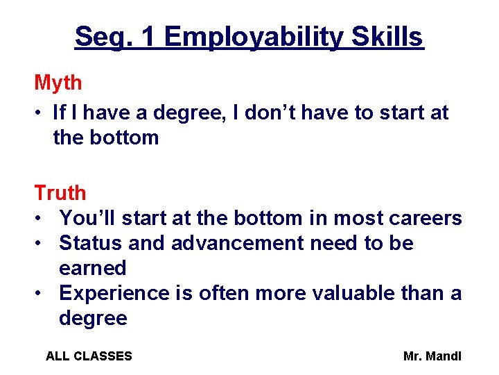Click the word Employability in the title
(254, 37)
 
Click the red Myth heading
(58, 83)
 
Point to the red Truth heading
(60, 193)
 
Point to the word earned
(93, 268)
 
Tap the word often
(224, 293)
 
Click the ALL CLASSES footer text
(89, 356)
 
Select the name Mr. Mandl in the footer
(432, 356)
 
